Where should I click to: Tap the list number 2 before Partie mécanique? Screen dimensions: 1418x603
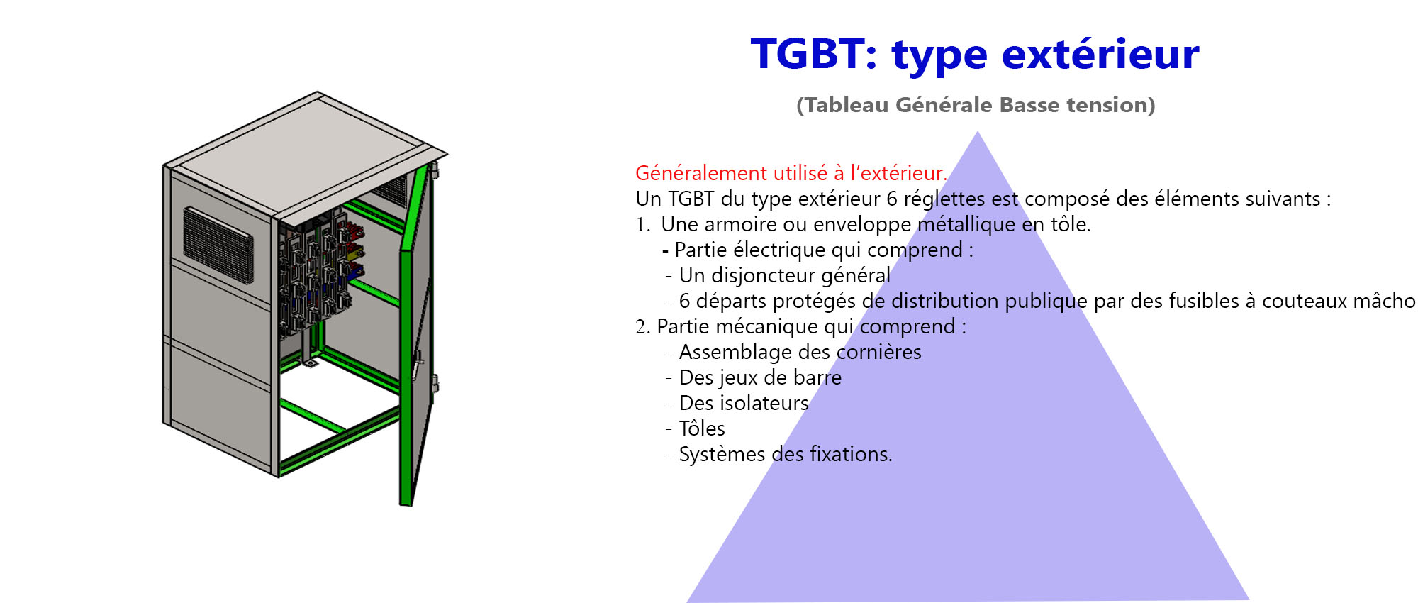pos(642,327)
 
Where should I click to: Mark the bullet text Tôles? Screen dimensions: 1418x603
pos(702,428)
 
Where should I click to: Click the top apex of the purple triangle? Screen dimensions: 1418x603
pos(978,131)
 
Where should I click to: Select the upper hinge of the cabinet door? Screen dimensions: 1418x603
pos(433,170)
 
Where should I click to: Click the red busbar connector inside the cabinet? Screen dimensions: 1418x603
pos(352,231)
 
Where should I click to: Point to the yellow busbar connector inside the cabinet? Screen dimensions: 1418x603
pos(353,250)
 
